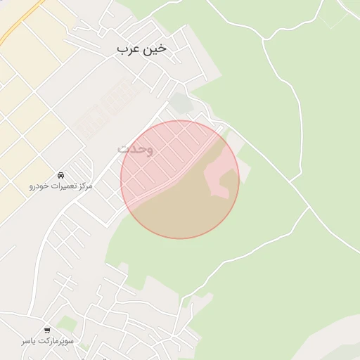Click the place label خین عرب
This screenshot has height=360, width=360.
coord(142,49)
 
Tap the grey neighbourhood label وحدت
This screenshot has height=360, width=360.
coord(135,149)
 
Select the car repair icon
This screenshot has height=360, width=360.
coord(61,174)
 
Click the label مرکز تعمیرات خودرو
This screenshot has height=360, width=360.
coord(61,186)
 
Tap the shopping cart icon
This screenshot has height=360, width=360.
coord(47,330)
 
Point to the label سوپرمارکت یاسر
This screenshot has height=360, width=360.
coord(47,341)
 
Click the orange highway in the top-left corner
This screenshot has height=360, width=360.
coord(20,21)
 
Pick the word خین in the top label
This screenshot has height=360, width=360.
coord(155,49)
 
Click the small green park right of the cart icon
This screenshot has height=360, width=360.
coord(67,323)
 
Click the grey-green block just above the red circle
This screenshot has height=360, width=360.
coord(181,103)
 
